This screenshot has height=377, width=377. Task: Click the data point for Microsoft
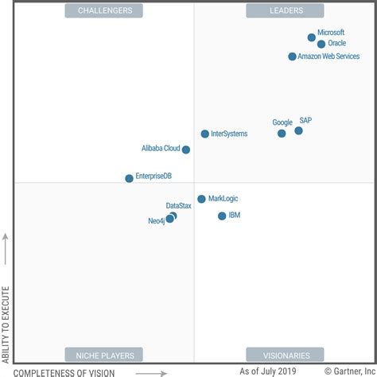tap(312, 37)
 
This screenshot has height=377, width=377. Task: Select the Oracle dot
tap(321, 45)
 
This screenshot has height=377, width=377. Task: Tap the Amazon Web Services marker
tap(292, 56)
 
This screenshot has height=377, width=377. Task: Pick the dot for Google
tap(282, 134)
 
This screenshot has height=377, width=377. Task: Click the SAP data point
tap(298, 130)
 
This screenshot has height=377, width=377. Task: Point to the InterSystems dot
tap(204, 134)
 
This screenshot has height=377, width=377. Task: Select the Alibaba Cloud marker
tap(186, 150)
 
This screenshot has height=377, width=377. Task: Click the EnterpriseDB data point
tap(129, 178)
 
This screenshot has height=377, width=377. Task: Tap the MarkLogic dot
tap(201, 199)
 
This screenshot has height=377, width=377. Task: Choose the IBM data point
tap(222, 216)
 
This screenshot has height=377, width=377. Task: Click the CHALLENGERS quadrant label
tap(103, 10)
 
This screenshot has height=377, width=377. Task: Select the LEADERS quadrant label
tap(284, 10)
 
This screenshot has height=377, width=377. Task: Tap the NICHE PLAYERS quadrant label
tap(103, 355)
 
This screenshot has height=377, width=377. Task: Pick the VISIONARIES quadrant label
tap(284, 355)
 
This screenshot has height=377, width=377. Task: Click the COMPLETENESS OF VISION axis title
tap(64, 371)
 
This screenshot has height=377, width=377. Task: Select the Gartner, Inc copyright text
tap(343, 371)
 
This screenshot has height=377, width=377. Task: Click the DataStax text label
tap(178, 206)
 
